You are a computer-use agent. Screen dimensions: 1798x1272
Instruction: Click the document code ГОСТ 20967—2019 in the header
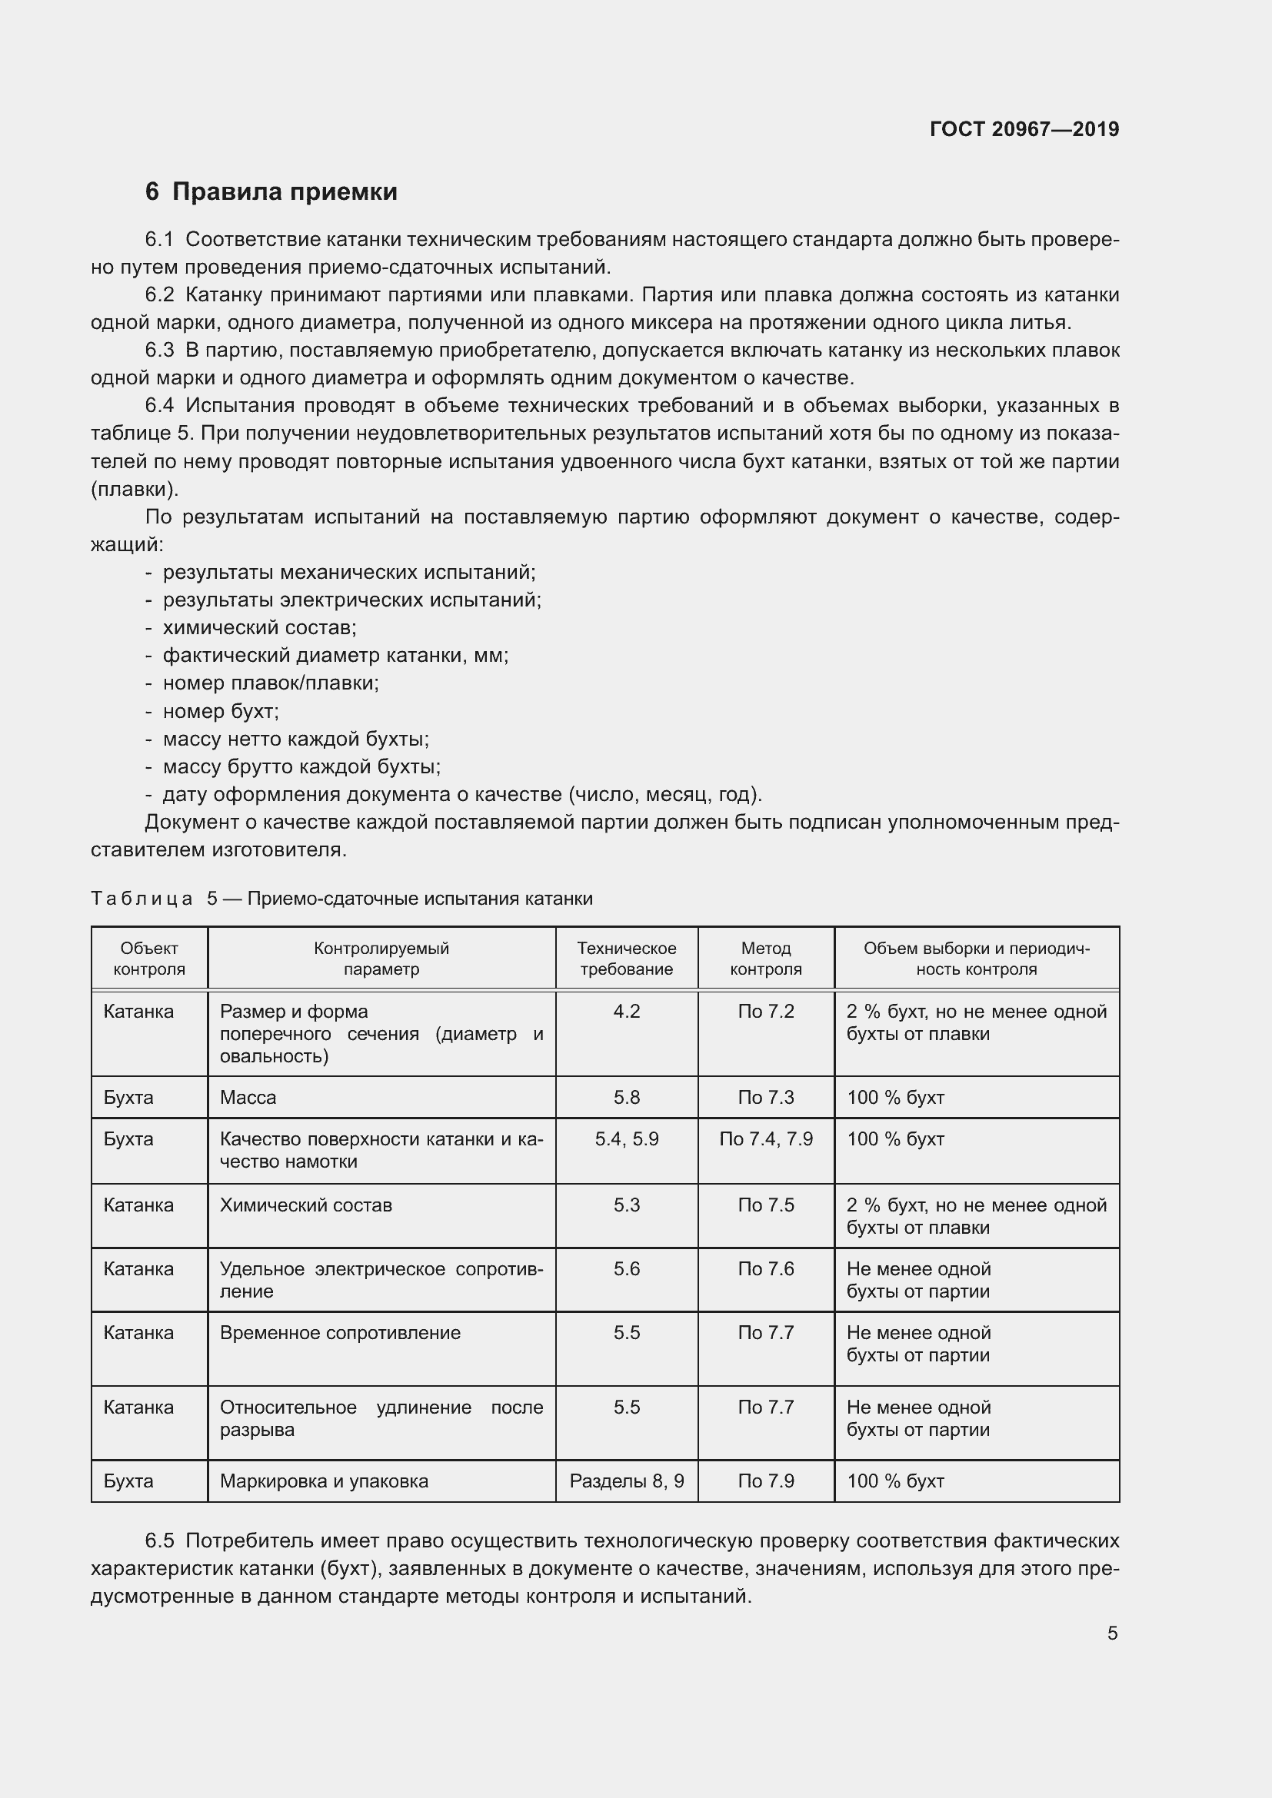point(1024,129)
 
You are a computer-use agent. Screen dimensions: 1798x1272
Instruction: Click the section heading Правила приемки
point(285,192)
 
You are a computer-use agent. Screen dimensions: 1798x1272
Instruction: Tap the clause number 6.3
point(160,350)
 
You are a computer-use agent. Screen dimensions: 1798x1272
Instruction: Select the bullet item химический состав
point(259,627)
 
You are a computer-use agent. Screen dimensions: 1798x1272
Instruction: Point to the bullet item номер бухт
point(220,711)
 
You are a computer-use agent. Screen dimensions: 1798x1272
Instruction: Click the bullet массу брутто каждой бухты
point(301,766)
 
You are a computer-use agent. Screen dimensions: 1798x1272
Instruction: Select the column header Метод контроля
point(765,959)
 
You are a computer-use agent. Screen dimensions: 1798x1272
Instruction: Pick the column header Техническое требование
point(627,959)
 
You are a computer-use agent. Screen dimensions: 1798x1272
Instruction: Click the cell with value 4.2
point(627,1012)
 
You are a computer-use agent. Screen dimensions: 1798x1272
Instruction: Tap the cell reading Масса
point(248,1097)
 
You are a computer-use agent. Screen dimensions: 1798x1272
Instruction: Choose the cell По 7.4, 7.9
point(765,1138)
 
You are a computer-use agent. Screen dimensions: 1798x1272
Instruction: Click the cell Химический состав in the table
point(305,1205)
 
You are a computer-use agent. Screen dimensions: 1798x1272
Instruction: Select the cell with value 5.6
point(627,1268)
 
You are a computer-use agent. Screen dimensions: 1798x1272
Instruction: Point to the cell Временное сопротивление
point(340,1333)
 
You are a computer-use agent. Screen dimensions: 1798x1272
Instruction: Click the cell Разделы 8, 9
point(627,1481)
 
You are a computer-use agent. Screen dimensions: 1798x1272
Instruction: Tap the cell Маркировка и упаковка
point(324,1481)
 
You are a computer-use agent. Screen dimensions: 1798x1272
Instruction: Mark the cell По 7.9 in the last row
point(765,1481)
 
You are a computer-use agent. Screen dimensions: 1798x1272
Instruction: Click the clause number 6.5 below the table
point(160,1541)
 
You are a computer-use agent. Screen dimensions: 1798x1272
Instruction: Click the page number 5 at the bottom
point(1112,1633)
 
